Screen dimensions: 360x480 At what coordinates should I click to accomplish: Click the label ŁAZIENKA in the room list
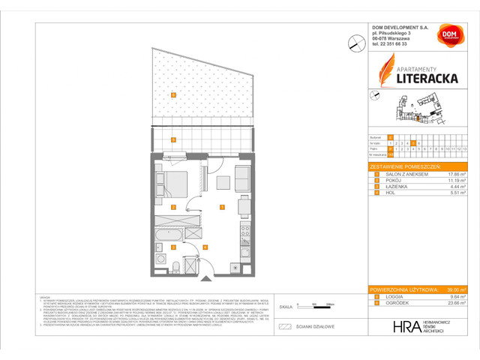394,187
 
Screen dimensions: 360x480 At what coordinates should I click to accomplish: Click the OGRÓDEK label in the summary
396,302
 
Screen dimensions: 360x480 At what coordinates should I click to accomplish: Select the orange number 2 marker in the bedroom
173,206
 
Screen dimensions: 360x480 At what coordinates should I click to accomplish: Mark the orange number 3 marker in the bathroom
173,246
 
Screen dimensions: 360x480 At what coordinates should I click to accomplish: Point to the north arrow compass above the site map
376,95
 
